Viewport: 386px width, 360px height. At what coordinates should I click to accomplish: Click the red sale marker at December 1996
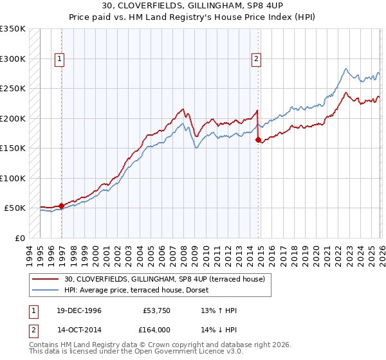tap(62, 206)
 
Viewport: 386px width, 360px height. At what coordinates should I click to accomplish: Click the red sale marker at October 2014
tap(259, 139)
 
